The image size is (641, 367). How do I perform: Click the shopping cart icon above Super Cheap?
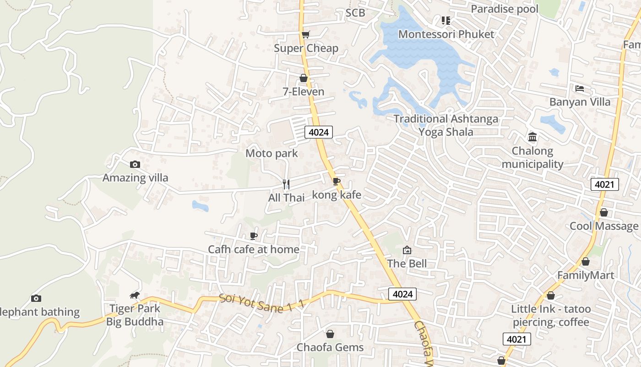(x=305, y=34)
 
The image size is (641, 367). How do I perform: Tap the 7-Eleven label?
(x=303, y=92)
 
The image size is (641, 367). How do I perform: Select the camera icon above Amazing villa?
(x=135, y=164)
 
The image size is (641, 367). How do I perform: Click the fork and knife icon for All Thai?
(x=286, y=184)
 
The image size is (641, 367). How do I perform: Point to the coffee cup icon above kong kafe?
(x=337, y=181)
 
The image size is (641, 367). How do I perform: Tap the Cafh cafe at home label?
(x=253, y=250)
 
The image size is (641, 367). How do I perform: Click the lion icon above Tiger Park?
(x=134, y=295)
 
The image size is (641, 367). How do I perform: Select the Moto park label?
(x=272, y=153)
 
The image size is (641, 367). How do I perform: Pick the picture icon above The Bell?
(x=407, y=250)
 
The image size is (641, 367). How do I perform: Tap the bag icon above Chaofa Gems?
(x=330, y=334)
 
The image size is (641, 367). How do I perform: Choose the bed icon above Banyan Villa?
(x=580, y=88)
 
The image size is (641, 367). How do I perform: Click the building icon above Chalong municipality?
(x=532, y=137)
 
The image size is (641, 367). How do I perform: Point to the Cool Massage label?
(x=603, y=226)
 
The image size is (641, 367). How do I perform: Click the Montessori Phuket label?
(x=446, y=34)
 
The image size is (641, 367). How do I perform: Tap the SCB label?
(x=355, y=13)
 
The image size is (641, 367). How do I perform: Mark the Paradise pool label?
(x=505, y=9)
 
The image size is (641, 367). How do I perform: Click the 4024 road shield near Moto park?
(x=319, y=133)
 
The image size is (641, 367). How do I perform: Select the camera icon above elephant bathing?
(x=36, y=299)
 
